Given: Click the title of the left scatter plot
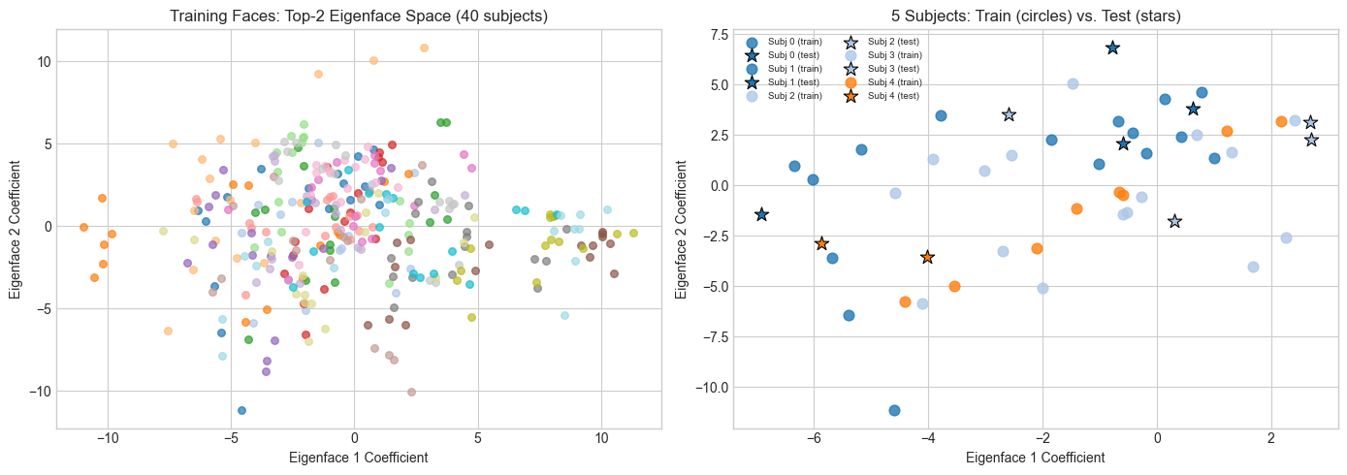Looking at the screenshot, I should coord(358,16).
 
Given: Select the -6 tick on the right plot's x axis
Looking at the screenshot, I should coord(814,437).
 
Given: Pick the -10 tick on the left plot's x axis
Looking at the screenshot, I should coord(108,437).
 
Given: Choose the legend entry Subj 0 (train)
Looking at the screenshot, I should coord(794,42).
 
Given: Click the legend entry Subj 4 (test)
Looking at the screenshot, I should coord(893,96).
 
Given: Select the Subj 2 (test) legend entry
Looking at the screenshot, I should coord(893,42).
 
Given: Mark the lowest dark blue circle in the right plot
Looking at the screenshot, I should coord(894,410).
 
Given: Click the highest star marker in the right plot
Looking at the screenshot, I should coord(1112,47).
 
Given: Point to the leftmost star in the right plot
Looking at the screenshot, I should coord(761,214).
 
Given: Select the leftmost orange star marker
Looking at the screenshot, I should coord(821,243).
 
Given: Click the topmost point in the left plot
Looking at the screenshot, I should coord(424,47).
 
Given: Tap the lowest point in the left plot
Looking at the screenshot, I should coord(241,410).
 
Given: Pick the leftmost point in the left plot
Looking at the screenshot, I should coord(83,227).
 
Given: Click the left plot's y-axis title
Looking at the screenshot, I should coord(16,227).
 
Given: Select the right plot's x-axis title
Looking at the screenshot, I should coord(1036,457).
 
